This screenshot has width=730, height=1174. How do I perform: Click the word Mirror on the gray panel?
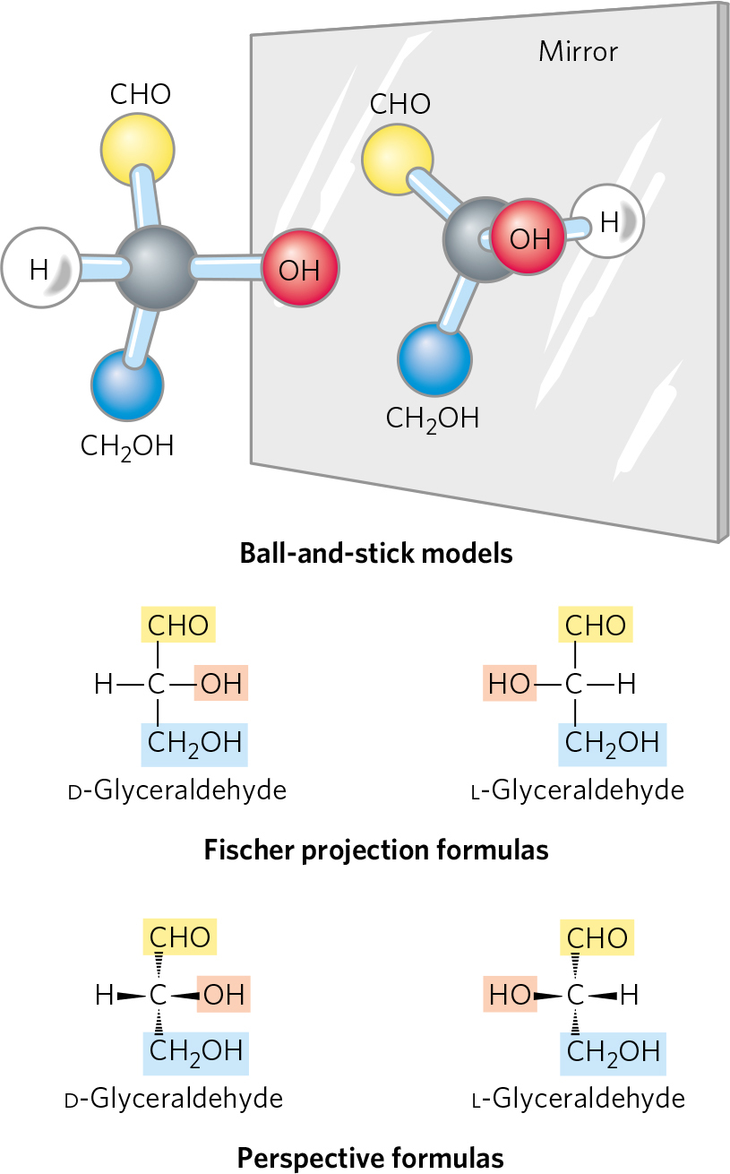click(x=578, y=51)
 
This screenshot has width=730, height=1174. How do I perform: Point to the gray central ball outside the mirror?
click(x=157, y=268)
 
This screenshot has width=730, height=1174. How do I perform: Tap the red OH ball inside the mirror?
click(x=528, y=238)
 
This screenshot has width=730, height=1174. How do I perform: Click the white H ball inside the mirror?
click(x=609, y=221)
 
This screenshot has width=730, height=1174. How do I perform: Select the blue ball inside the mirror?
click(x=434, y=360)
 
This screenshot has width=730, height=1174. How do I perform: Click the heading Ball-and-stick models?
click(x=376, y=553)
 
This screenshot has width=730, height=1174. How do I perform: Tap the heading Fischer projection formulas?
click(x=376, y=849)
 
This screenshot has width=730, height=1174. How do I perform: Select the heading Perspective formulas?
click(x=371, y=1158)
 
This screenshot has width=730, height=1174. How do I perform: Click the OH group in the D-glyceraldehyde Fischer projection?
click(x=220, y=685)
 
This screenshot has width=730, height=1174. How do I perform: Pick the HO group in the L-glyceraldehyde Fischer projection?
click(x=511, y=685)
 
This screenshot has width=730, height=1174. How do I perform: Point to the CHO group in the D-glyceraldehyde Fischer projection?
click(x=178, y=626)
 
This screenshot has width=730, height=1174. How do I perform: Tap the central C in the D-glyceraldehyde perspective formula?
click(x=159, y=995)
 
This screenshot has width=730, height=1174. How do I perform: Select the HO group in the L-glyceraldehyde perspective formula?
click(x=511, y=995)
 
